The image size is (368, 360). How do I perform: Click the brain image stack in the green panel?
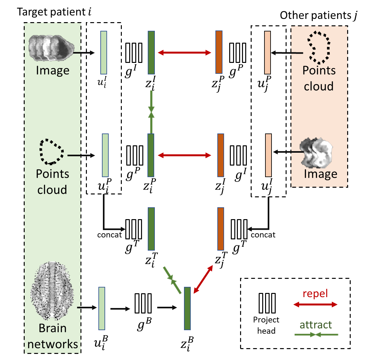51,48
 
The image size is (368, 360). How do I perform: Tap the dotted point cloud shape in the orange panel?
318,47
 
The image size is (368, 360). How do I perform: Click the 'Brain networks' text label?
53,336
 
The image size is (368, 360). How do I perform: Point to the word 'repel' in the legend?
315,293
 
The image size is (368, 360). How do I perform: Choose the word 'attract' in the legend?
316,325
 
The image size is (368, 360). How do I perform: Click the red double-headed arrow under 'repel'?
315,304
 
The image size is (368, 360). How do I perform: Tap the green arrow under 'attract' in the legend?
316,335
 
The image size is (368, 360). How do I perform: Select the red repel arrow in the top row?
185,53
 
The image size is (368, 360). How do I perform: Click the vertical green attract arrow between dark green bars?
151,112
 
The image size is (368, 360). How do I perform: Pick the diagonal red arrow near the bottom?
203,279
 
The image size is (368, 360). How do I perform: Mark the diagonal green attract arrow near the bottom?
172,280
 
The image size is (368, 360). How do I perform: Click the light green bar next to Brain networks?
102,308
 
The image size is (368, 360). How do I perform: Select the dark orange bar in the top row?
219,52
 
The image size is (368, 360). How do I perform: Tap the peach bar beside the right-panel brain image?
268,155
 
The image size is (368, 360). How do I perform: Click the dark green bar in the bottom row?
187,308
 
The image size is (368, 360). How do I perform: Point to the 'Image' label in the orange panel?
320,174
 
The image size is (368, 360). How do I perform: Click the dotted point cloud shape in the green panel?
51,152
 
